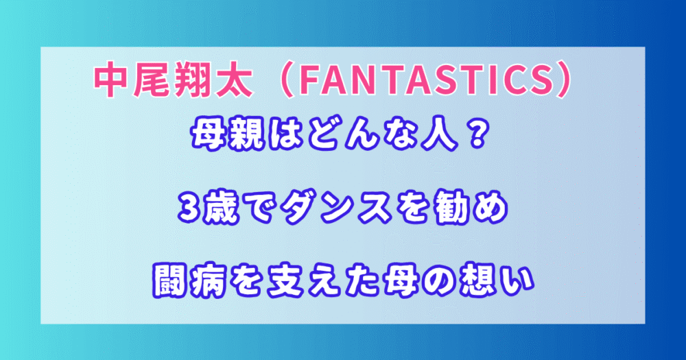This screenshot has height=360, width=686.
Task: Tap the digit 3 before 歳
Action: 189,209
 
